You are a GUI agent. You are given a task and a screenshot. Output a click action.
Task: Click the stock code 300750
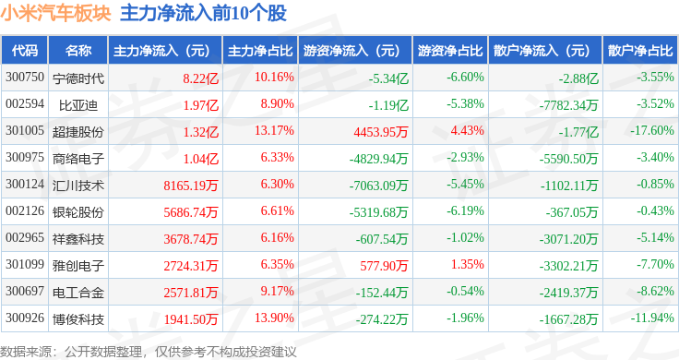click(x=25, y=78)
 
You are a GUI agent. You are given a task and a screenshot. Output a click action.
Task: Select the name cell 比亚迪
click(x=78, y=105)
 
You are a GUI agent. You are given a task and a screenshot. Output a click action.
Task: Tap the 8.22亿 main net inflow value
click(x=200, y=78)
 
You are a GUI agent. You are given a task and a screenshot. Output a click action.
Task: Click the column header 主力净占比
click(x=260, y=51)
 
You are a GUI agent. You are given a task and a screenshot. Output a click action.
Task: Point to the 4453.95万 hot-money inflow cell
click(x=381, y=132)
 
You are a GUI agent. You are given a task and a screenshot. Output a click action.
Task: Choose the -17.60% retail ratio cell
click(x=651, y=130)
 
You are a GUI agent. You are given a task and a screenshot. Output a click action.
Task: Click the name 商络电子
click(x=78, y=159)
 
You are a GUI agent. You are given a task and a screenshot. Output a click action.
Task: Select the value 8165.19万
click(x=191, y=186)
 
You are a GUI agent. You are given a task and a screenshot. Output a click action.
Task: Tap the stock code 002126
click(x=25, y=211)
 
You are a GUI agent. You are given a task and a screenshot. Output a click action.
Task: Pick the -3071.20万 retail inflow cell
click(x=568, y=239)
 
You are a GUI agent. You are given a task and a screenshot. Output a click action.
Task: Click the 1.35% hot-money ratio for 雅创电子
click(x=467, y=264)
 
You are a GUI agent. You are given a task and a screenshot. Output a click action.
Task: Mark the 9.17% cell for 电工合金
click(x=277, y=291)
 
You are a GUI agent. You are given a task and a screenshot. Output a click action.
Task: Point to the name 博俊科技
click(x=78, y=319)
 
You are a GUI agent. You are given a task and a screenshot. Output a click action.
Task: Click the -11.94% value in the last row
click(x=651, y=318)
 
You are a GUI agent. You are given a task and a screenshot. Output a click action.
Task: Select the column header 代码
click(x=25, y=51)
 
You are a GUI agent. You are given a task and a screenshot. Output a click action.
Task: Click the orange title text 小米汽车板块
click(x=56, y=14)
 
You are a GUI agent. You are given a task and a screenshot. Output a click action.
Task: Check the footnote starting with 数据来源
click(x=149, y=352)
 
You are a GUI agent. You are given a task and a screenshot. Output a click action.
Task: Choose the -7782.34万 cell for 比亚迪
click(x=568, y=105)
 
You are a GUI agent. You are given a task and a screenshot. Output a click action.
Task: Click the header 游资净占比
click(x=450, y=51)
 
